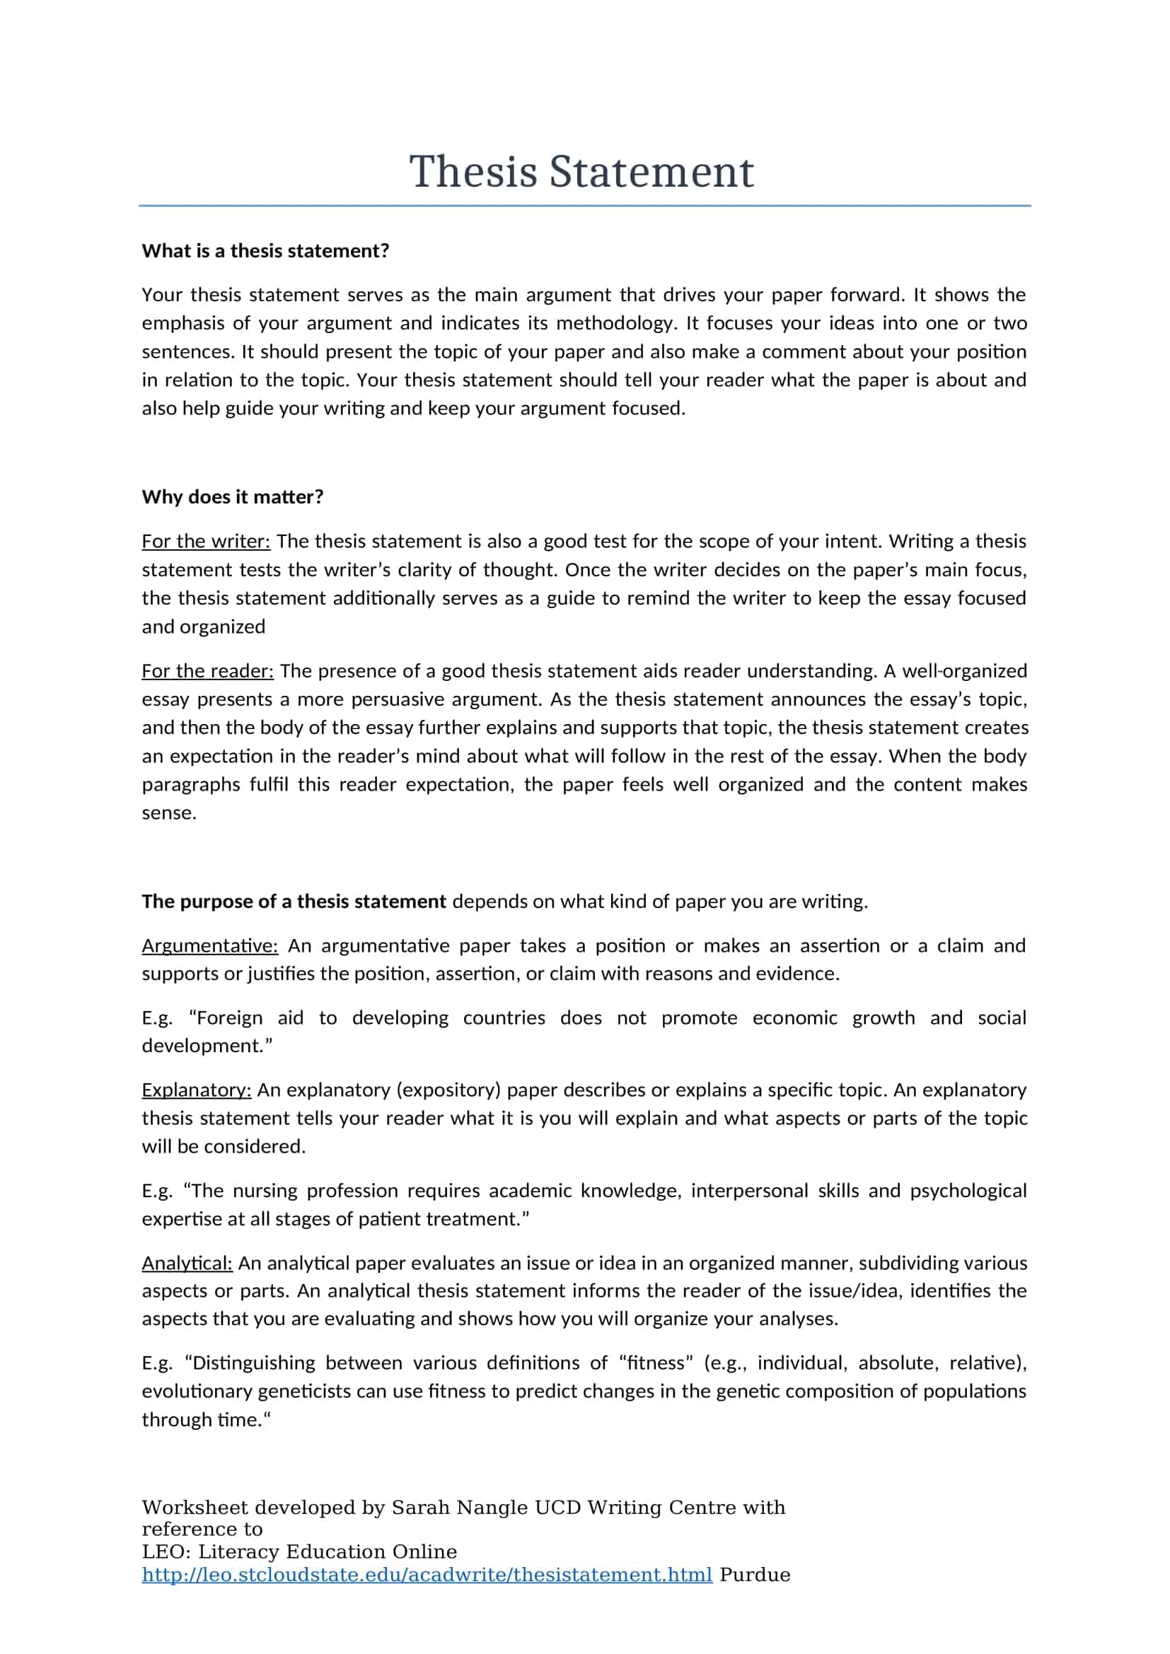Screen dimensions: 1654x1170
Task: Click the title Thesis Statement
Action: coord(581,172)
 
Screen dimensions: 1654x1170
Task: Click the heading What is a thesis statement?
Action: coord(265,251)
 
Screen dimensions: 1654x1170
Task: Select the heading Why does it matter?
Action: coord(232,497)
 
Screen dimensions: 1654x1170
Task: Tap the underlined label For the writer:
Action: coord(205,541)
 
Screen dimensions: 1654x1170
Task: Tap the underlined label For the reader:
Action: coord(207,670)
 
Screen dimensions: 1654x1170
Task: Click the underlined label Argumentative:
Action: coord(209,945)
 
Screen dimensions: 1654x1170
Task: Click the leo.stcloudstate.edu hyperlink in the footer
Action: coord(427,1575)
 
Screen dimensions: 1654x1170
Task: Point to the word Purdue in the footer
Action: coord(754,1575)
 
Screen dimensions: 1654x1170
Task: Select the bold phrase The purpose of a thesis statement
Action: coord(294,901)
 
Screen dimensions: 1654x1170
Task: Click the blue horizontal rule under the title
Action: coord(584,206)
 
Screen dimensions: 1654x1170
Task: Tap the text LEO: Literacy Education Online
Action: coord(299,1551)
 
